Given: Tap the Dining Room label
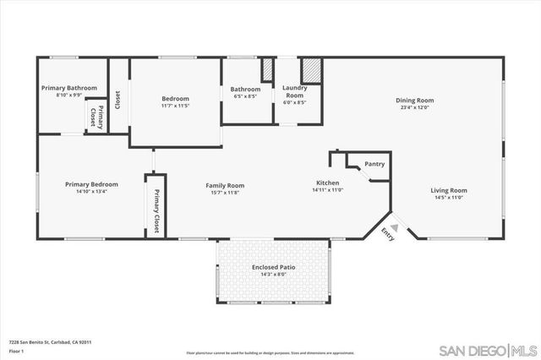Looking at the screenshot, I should coord(413,101).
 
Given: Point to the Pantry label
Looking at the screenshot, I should coord(374,164).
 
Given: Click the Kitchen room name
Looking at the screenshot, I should coord(328,183).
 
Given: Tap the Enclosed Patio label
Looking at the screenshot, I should coord(271,267).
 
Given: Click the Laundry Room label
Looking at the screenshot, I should coord(294,90).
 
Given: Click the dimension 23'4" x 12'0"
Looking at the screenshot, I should coord(413,108).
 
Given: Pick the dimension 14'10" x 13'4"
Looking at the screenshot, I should coord(92,191).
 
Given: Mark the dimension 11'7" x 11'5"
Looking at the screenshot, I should coord(175,106).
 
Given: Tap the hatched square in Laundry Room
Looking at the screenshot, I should coord(313,70).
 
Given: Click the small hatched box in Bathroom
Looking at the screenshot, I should coord(267,69).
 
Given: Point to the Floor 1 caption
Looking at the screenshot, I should coord(17,351).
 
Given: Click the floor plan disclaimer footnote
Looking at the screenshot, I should coord(270,352).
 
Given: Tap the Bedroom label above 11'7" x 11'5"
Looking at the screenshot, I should coord(175,98).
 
